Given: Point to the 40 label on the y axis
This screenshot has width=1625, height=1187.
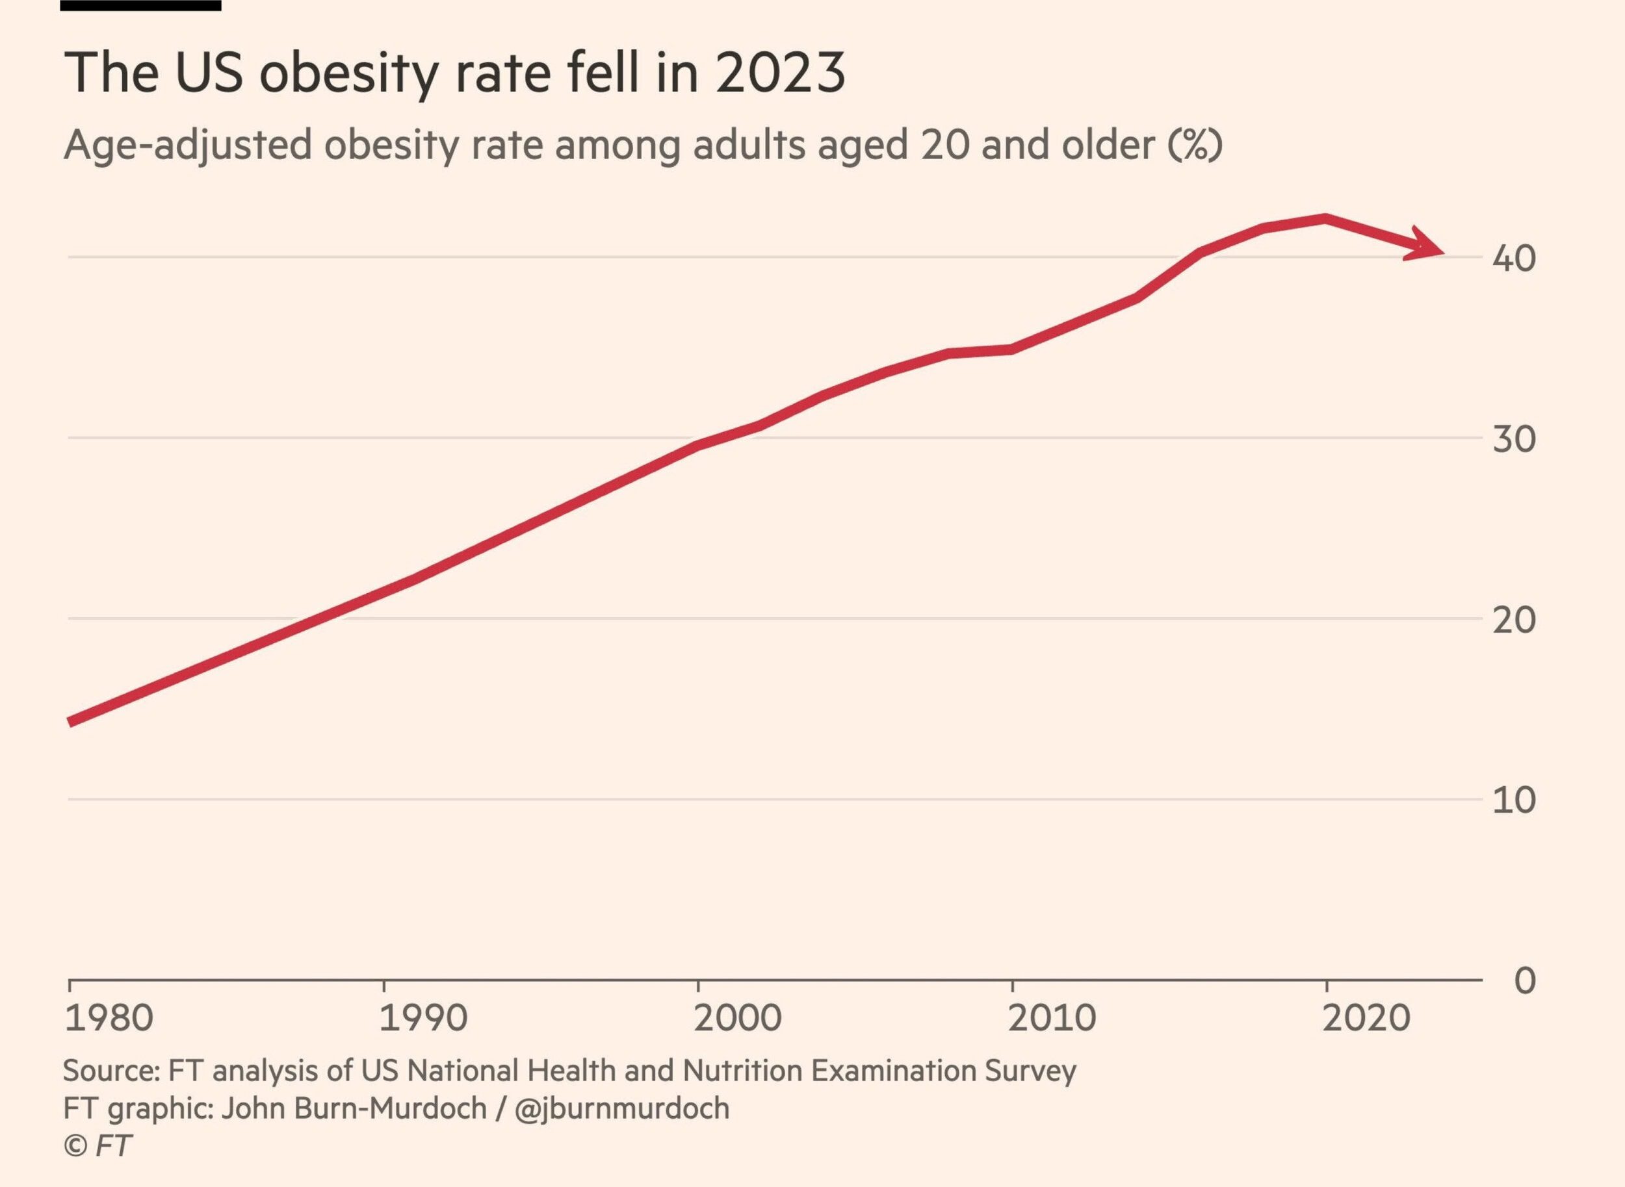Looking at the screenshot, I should (1514, 259).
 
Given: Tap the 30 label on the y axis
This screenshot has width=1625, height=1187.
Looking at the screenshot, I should (1514, 439).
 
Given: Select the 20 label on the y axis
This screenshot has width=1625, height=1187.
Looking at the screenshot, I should (1514, 620).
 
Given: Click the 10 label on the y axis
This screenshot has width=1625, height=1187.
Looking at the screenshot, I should (1514, 800).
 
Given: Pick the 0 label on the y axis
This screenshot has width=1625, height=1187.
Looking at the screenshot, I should (1524, 980).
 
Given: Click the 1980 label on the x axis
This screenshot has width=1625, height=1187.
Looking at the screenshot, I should (109, 1018).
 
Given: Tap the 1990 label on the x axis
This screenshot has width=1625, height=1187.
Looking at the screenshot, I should (422, 1018).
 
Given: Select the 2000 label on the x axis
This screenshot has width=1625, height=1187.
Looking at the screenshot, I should (736, 1018).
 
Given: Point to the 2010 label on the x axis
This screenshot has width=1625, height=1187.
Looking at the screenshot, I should (1052, 1018).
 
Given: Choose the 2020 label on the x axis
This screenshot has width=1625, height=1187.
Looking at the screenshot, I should (1366, 1018).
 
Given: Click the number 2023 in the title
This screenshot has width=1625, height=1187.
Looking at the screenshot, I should (780, 73).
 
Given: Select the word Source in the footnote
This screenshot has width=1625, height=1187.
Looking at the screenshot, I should (110, 1071).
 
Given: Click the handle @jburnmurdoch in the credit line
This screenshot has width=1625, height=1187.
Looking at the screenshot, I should (621, 1108).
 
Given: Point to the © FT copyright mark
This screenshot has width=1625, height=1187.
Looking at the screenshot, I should (97, 1145).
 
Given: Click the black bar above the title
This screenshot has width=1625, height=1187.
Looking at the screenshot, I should (140, 5).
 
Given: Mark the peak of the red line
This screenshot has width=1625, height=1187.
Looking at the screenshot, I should (1324, 218).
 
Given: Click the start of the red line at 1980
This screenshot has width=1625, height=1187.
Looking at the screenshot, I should (70, 722).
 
